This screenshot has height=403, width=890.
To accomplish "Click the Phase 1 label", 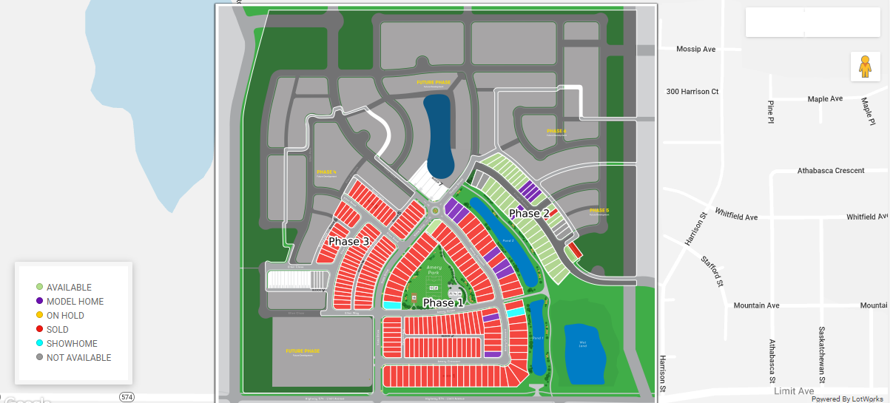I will point(443,303).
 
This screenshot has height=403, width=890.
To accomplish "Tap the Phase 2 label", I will point(529,214).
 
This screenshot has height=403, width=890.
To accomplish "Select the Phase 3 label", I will point(348,242).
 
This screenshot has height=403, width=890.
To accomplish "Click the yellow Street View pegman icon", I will point(864,67).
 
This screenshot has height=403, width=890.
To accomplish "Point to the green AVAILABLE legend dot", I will point(39,287).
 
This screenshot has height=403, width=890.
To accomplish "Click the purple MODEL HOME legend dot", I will point(39,301).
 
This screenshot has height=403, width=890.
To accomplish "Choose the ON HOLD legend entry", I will point(65,316).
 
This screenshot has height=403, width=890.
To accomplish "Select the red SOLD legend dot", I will point(39,330).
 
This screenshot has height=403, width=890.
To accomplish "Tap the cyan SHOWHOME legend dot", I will point(39,344).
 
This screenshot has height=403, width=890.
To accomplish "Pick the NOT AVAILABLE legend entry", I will point(78,358).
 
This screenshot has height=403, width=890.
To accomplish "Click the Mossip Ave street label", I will point(695,50).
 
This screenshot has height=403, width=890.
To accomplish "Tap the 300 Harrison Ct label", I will point(692,92).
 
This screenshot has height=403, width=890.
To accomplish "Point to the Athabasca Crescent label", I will point(830,171).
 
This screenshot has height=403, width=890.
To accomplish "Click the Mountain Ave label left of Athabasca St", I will point(756,305).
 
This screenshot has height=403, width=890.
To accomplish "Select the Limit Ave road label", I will point(794,390).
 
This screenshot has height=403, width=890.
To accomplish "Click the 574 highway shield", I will point(127,397).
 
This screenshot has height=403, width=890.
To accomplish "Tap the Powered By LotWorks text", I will point(849,399).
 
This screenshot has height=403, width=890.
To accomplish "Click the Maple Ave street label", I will point(825,99).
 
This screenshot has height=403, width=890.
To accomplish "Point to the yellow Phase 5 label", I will point(599,211).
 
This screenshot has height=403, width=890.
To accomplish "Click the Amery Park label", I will point(434,270).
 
